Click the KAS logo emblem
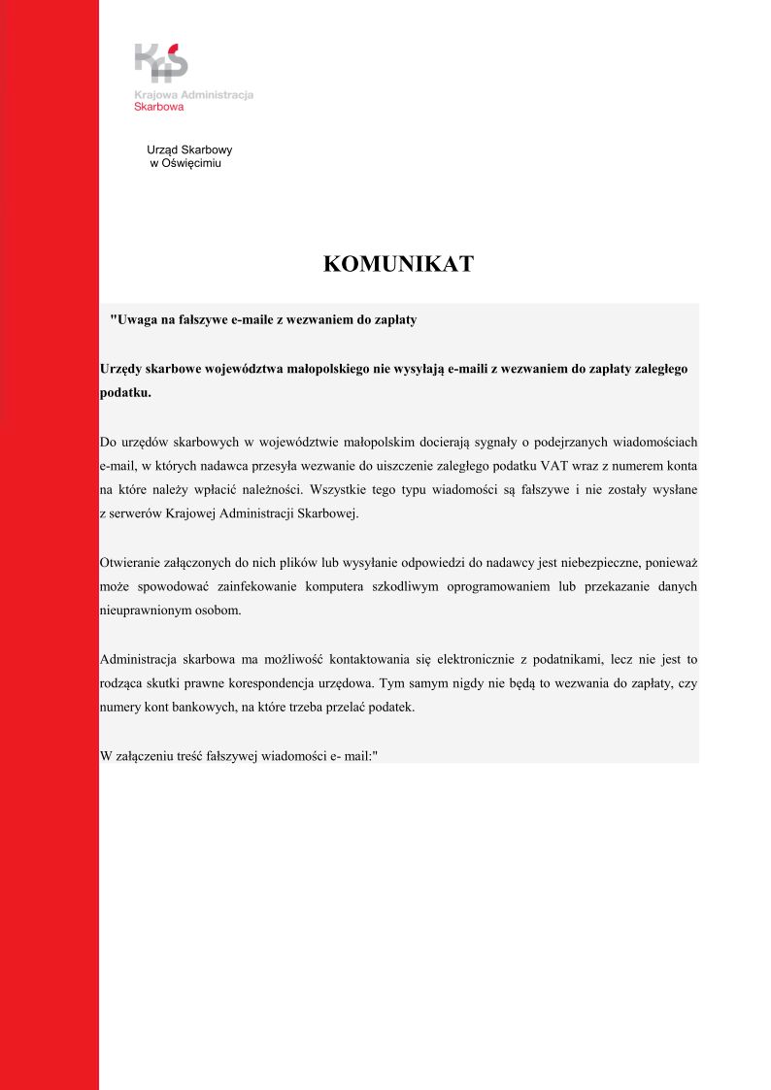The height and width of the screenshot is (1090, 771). [x=161, y=62]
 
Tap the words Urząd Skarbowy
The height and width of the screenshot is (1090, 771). [x=189, y=150]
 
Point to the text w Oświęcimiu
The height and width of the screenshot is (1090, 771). [x=185, y=163]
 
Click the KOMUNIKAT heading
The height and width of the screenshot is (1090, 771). [x=398, y=264]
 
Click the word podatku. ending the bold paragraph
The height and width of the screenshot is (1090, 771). [x=125, y=393]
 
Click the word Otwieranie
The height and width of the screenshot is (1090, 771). [x=131, y=563]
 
